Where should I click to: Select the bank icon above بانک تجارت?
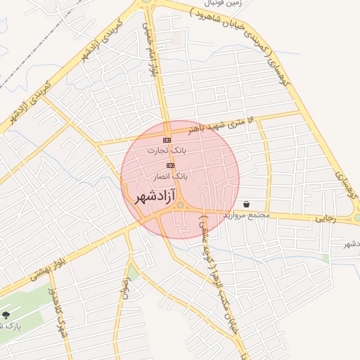(x=167, y=141)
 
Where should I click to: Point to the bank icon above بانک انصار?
(x=170, y=165)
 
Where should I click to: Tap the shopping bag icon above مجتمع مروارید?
(x=247, y=204)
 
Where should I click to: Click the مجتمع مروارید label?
(x=246, y=214)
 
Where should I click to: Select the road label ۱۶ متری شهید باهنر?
(x=205, y=126)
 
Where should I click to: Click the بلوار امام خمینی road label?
(x=150, y=44)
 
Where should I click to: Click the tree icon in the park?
(x=6, y=315)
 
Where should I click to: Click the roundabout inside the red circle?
(x=181, y=205)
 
